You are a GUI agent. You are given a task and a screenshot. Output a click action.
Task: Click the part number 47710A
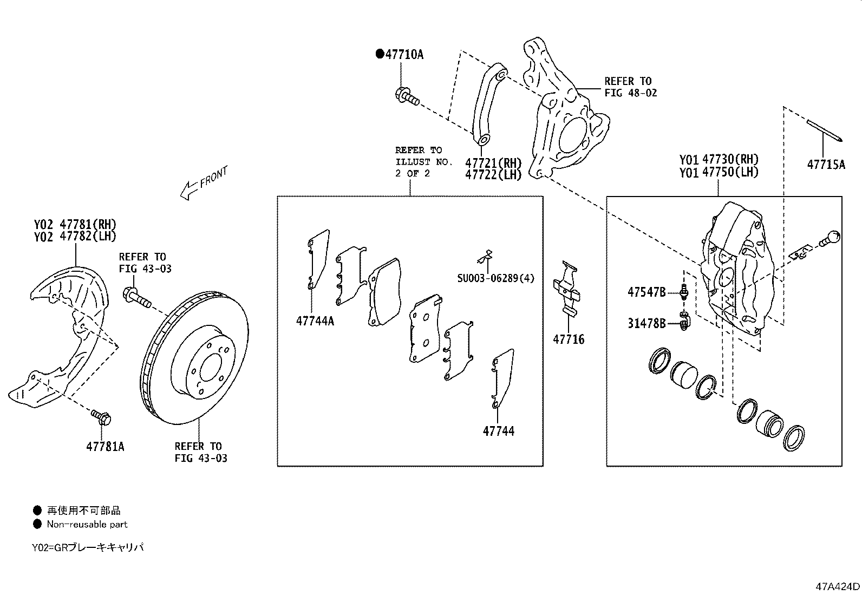point(404,54)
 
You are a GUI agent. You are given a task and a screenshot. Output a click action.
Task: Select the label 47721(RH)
point(493,162)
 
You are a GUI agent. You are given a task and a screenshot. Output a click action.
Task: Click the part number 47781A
point(105,447)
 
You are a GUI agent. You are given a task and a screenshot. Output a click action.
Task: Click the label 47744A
point(315,321)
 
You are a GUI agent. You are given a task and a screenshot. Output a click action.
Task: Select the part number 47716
point(569,339)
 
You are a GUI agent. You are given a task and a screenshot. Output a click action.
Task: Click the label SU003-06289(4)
point(495,278)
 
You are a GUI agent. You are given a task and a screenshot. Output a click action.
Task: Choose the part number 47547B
point(646,292)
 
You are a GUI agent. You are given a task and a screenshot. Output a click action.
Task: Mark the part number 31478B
point(646,323)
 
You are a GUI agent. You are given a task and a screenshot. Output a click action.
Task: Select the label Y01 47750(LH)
point(719,172)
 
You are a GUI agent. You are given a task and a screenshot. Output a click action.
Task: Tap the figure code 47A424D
point(838,586)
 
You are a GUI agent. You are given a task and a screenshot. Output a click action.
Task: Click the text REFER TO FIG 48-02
point(630,87)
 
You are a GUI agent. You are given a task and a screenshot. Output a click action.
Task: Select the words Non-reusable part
point(87,524)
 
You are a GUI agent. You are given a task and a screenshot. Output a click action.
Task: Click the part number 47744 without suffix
point(499,431)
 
